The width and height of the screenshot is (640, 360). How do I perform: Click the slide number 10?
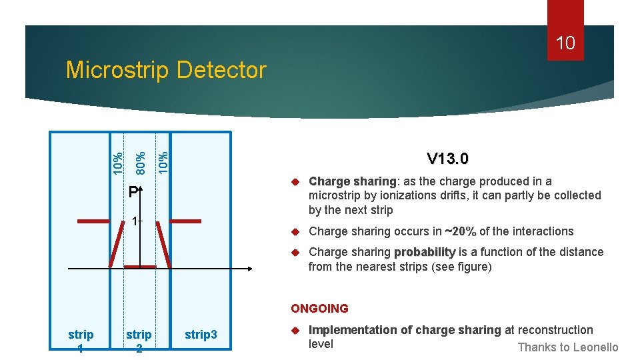click(x=565, y=44)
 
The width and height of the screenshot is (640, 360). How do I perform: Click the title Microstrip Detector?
click(x=166, y=69)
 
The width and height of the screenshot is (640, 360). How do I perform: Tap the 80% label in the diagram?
click(x=141, y=161)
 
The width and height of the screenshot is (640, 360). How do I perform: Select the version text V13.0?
click(x=447, y=159)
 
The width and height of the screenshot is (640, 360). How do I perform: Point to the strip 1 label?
click(x=81, y=340)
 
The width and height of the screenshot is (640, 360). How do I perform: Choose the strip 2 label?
click(x=139, y=340)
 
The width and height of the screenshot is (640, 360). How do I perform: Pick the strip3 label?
click(x=201, y=334)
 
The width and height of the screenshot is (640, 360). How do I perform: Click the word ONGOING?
click(x=319, y=309)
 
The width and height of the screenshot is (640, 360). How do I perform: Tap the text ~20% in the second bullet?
click(x=461, y=231)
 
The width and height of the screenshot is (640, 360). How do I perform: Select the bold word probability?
click(x=425, y=252)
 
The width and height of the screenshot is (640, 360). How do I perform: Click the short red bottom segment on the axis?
click(x=140, y=267)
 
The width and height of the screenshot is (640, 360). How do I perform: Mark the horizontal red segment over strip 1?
click(x=93, y=221)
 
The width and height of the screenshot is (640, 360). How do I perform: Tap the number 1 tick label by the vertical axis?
click(x=135, y=221)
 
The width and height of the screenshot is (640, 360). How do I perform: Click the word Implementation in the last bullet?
click(x=351, y=330)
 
